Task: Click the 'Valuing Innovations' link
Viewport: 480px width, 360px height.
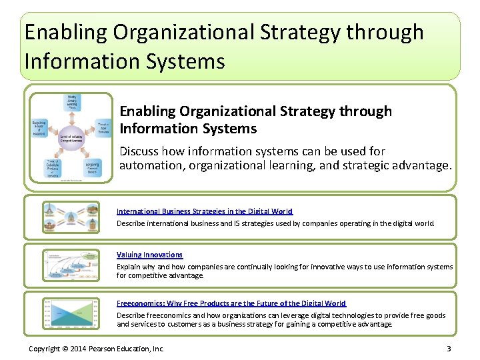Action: pyautogui.click(x=149, y=255)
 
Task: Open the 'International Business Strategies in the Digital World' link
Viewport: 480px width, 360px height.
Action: pyautogui.click(x=204, y=211)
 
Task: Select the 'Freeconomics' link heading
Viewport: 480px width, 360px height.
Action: pyautogui.click(x=231, y=303)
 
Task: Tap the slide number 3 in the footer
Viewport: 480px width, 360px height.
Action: pyautogui.click(x=449, y=349)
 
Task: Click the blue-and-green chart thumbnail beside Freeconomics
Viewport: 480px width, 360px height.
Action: pyautogui.click(x=70, y=313)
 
